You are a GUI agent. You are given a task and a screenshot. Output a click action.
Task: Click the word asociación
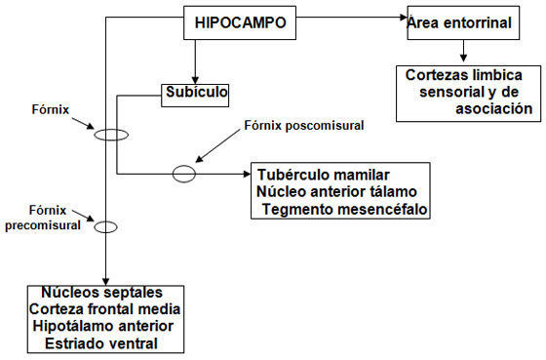pyautogui.click(x=493, y=108)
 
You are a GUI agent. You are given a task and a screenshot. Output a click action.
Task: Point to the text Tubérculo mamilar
pyautogui.click(x=323, y=175)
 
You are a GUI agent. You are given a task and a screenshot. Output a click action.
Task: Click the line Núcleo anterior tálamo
pyautogui.click(x=336, y=191)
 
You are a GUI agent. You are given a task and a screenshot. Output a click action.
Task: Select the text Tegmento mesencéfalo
pyautogui.click(x=345, y=209)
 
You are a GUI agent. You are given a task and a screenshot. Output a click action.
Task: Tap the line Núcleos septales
pyautogui.click(x=102, y=292)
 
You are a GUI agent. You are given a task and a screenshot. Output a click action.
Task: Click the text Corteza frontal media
pyautogui.click(x=104, y=308)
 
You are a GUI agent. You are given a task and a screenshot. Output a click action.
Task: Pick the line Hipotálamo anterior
pyautogui.click(x=103, y=326)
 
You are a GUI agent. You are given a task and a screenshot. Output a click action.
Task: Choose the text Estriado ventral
pyautogui.click(x=101, y=343)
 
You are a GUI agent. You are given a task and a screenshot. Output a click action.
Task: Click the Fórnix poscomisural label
pyautogui.click(x=304, y=125)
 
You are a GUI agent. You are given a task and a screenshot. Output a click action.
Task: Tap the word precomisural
pyautogui.click(x=43, y=225)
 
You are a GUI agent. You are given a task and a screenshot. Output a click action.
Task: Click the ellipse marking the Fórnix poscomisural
pyautogui.click(x=174, y=174)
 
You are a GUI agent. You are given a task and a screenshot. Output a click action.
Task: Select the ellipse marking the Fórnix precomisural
pyautogui.click(x=95, y=227)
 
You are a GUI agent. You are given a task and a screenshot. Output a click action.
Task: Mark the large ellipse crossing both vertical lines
pyautogui.click(x=95, y=135)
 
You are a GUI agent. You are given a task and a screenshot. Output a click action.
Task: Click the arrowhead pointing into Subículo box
pyautogui.click(x=195, y=80)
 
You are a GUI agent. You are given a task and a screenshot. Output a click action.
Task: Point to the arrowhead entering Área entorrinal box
pyautogui.click(x=404, y=18)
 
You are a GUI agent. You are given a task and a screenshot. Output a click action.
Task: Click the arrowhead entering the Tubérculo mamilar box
pyautogui.click(x=247, y=174)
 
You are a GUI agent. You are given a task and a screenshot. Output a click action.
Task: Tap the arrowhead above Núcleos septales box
pyautogui.click(x=106, y=282)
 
